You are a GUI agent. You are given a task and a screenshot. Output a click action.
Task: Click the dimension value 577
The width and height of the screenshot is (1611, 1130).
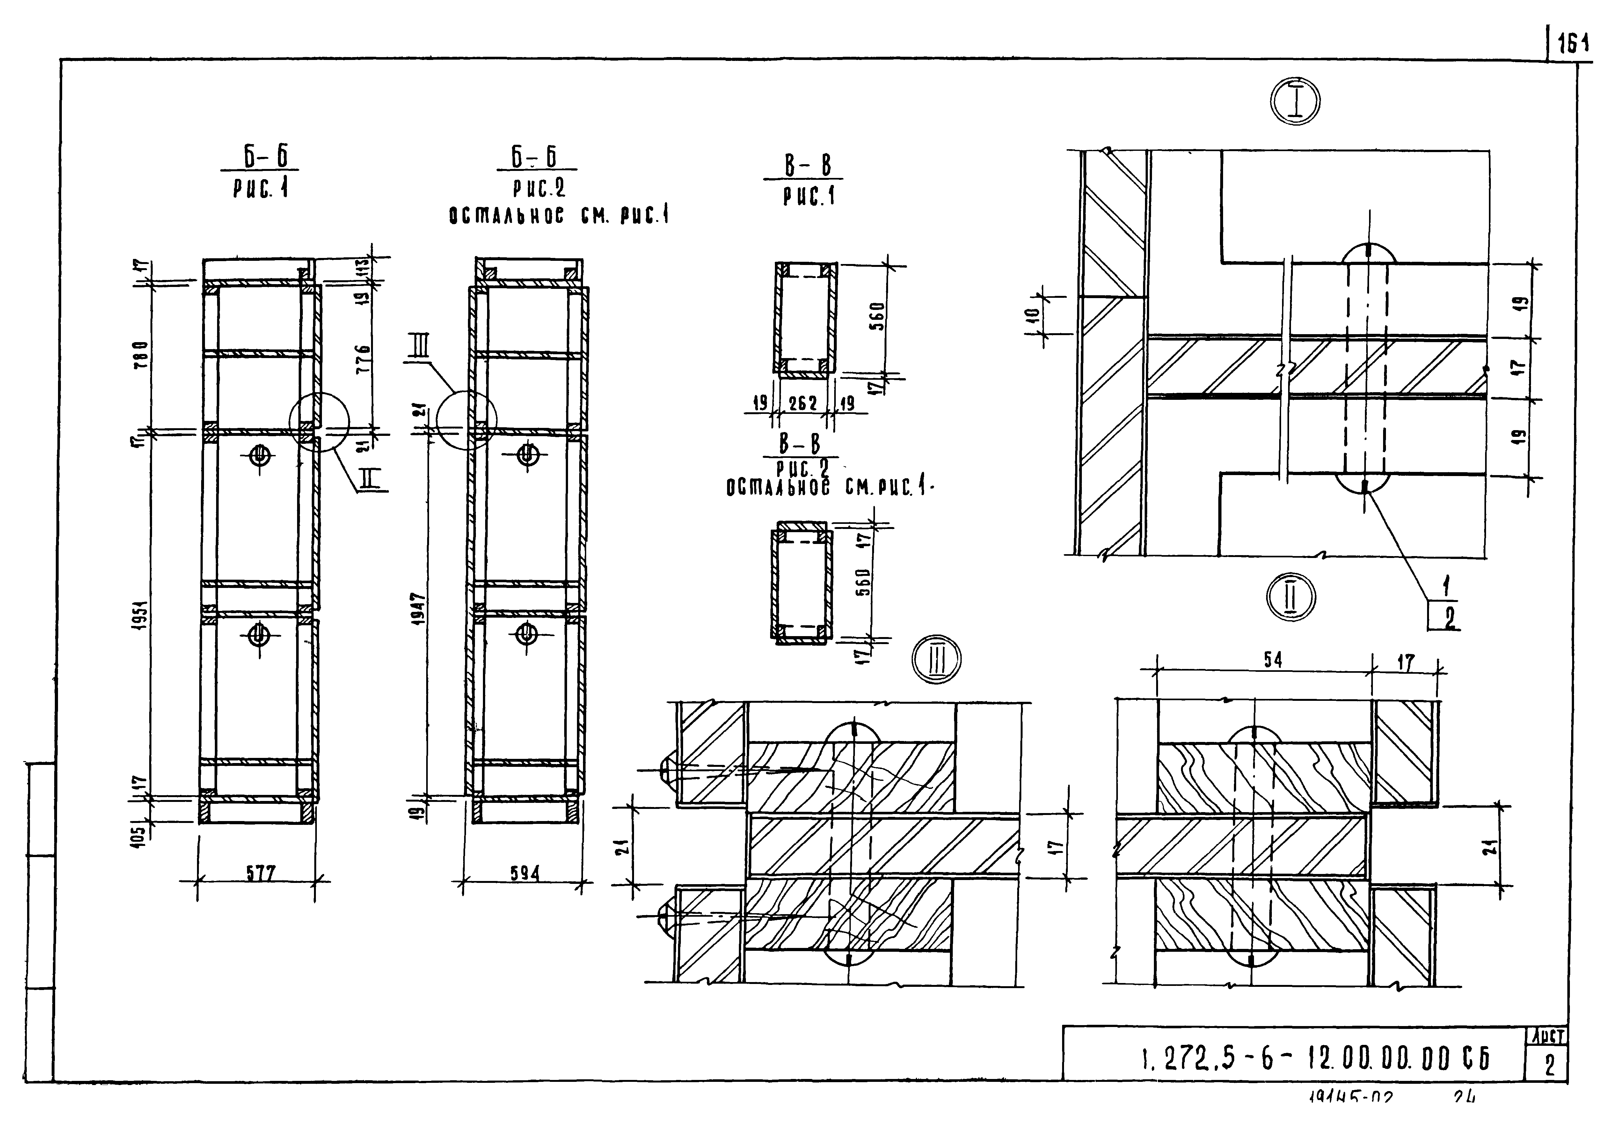pyautogui.click(x=259, y=872)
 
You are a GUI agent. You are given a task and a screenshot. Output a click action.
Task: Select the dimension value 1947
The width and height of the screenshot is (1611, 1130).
pyautogui.click(x=419, y=611)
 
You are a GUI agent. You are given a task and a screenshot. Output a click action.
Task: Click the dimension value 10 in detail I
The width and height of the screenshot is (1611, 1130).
pyautogui.click(x=1033, y=317)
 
